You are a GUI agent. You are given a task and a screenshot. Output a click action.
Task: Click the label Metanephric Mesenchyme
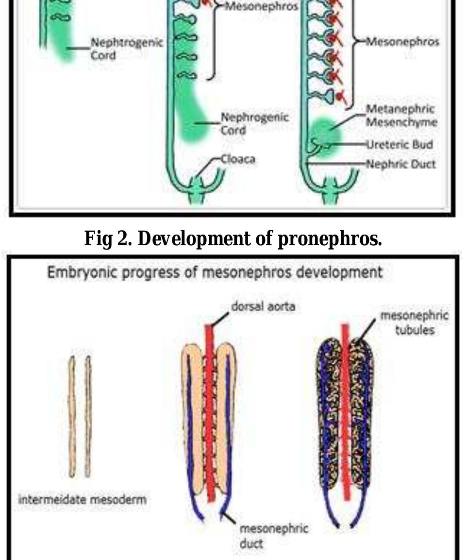pos(401,116)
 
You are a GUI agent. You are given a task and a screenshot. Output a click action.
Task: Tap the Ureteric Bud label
pos(400,144)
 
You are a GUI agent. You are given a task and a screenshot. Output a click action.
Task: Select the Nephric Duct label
pos(401,164)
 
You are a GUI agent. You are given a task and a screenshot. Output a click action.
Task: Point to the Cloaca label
pos(238,159)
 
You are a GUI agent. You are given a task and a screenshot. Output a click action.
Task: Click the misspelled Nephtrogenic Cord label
pos(127,49)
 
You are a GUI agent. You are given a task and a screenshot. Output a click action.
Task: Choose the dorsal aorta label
pos(263,306)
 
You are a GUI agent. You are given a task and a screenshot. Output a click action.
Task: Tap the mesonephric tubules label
pos(415,322)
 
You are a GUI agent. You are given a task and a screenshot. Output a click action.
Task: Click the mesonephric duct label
pos(273,536)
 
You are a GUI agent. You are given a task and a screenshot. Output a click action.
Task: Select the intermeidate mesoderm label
pos(83,499)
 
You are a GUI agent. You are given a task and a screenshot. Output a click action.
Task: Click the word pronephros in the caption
pos(330,238)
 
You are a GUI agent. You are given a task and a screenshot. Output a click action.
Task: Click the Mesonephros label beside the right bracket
pos(402,42)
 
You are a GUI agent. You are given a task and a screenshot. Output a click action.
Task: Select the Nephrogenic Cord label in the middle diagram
pos(254,123)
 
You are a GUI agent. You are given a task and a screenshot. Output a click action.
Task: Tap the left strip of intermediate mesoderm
pos(72,416)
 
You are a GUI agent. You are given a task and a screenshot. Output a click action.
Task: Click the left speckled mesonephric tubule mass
pos(329,414)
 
